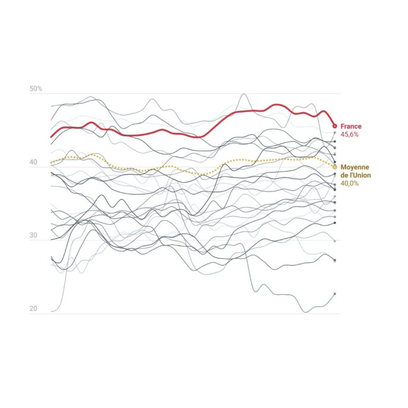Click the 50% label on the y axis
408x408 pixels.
[36, 89]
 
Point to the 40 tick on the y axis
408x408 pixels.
[33, 162]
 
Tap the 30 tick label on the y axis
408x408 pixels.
[33, 236]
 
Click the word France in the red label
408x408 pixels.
[350, 126]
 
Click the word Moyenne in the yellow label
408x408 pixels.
[355, 167]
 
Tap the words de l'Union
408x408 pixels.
[355, 175]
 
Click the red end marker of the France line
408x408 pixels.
[334, 126]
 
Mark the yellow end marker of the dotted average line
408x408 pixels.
[334, 167]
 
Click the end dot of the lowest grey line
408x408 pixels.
[334, 294]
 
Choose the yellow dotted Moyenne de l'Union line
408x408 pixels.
[178, 168]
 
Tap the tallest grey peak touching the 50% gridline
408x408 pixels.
[243, 94]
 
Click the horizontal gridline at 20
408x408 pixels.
[178, 314]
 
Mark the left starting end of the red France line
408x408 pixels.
[52, 137]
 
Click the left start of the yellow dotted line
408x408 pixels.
[52, 162]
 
